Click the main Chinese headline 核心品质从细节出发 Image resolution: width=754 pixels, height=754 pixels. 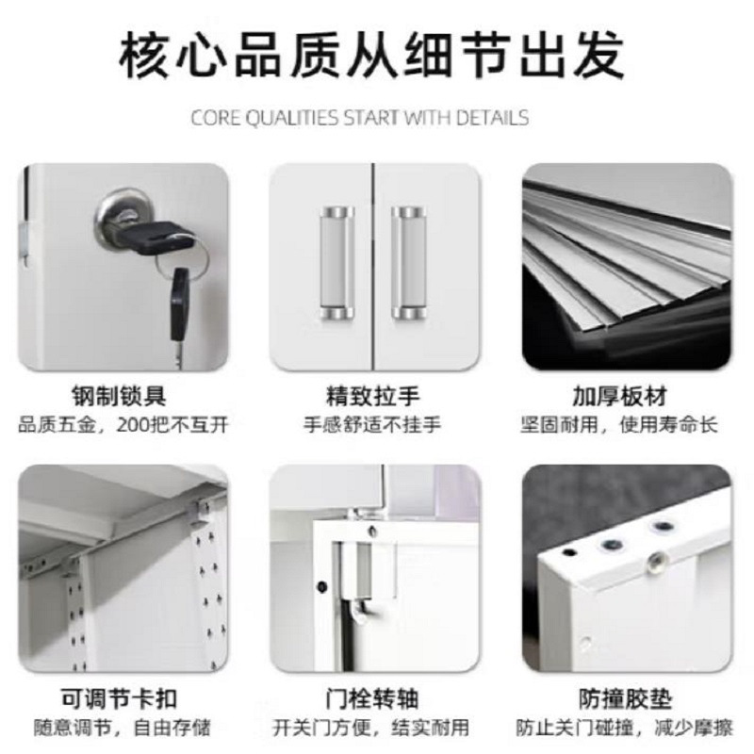tap(371, 55)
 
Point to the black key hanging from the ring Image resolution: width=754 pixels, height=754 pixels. tap(180, 308)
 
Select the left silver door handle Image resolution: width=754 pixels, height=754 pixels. tap(336, 264)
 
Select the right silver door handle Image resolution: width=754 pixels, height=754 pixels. tap(409, 264)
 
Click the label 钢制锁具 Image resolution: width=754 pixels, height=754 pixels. tap(120, 397)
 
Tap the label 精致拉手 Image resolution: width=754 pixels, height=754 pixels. tap(373, 397)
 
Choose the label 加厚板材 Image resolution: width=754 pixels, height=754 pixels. tap(620, 397)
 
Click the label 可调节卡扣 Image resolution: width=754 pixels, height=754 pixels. tap(120, 698)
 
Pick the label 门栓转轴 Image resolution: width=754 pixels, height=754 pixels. tap(372, 698)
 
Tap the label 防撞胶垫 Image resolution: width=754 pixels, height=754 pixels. tap(625, 698)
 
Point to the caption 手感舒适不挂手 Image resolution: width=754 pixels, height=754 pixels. tap(372, 425)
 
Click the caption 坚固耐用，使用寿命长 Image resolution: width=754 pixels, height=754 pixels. tap(619, 425)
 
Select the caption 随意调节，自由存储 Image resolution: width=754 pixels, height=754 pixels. tap(123, 728)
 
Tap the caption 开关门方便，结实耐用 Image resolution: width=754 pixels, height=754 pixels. tap(370, 728)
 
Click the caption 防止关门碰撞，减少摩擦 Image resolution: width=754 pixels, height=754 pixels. tap(624, 728)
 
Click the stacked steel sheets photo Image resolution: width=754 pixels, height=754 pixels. tap(627, 267)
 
